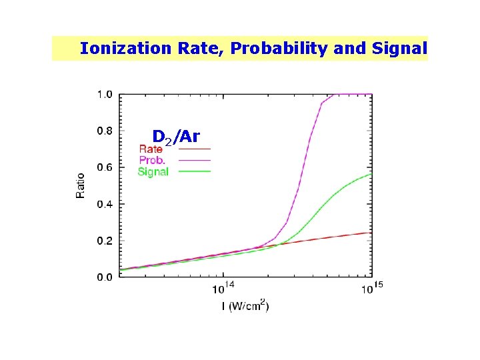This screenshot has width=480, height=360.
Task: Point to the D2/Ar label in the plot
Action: click(x=176, y=137)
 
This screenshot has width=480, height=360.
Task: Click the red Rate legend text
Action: click(x=151, y=149)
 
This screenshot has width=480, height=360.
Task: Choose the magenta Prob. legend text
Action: click(x=152, y=160)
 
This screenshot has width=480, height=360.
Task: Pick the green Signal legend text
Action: click(x=153, y=171)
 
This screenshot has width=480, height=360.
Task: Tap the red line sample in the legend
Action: click(x=194, y=149)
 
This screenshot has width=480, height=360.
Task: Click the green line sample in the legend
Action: click(x=194, y=171)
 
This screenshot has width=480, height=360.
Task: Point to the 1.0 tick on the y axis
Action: click(x=105, y=95)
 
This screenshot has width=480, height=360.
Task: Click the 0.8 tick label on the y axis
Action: click(x=105, y=131)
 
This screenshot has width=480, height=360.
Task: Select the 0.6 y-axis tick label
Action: click(x=105, y=167)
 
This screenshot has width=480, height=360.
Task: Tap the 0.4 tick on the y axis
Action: click(x=105, y=204)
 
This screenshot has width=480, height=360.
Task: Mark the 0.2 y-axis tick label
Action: click(x=105, y=240)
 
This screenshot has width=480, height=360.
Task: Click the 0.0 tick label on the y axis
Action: click(x=105, y=277)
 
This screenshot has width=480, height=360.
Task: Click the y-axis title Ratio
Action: click(x=81, y=185)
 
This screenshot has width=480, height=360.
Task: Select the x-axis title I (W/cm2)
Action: click(x=245, y=307)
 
